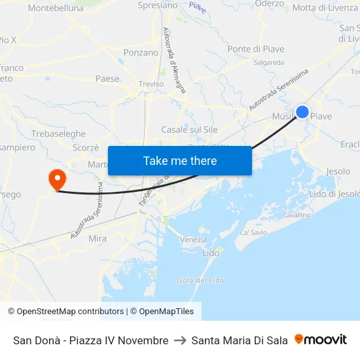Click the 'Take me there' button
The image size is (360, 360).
(180, 160)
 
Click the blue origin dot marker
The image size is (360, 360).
(302, 112)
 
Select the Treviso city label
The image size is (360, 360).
(151, 84)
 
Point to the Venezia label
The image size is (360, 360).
(193, 240)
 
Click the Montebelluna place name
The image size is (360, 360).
(56, 9)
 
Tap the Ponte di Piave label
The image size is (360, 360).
(255, 49)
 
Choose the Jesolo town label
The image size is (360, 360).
(338, 171)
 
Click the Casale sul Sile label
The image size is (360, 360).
(189, 130)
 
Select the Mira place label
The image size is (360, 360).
(97, 239)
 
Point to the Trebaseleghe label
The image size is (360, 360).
(58, 134)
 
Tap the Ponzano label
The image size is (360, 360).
(141, 52)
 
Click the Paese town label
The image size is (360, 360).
(107, 79)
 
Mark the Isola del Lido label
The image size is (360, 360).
(200, 280)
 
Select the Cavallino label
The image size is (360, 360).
(297, 215)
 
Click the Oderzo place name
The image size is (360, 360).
(269, 4)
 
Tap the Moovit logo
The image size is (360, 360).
(321, 340)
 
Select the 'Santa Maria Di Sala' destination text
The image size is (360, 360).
(240, 340)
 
